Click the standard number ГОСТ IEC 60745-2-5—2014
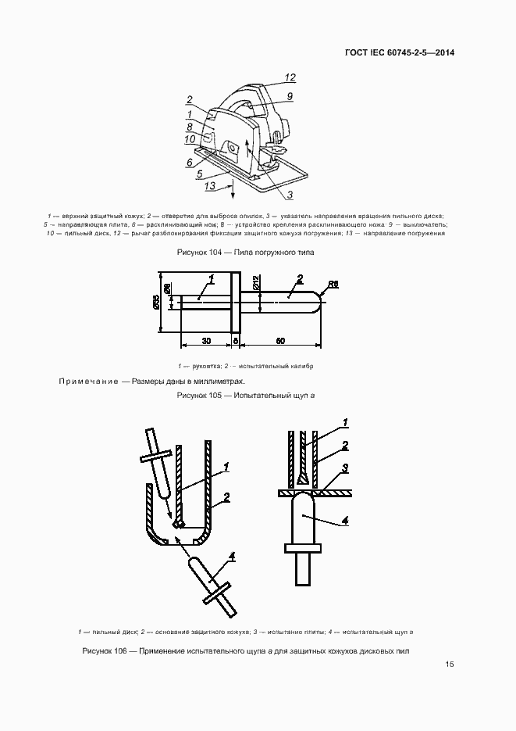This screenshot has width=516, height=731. click(400, 53)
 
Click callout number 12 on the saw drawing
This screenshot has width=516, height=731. click(290, 77)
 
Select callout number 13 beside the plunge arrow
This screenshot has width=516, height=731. click(208, 186)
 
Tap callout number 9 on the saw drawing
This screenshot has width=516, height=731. click(289, 96)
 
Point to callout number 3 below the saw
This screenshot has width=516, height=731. click(289, 195)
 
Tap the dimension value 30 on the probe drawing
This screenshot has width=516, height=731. click(205, 341)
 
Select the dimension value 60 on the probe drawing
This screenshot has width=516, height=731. click(279, 341)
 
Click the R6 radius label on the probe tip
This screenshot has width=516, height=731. click(333, 284)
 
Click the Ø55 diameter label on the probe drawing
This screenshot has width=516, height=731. click(157, 303)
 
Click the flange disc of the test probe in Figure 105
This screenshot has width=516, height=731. click(235, 303)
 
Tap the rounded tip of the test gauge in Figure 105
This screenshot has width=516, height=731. click(318, 303)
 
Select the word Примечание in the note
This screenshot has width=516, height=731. click(87, 382)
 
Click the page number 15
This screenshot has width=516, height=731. click(449, 665)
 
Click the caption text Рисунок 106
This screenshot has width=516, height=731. click(109, 651)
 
